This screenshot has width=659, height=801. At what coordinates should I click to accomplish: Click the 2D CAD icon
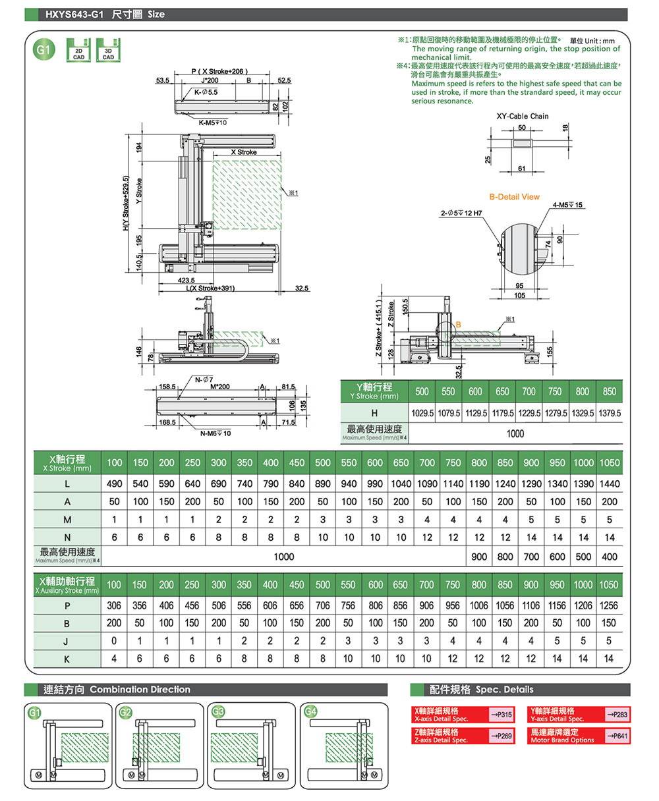[78, 50]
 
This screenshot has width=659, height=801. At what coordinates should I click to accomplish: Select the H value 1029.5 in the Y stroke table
[422, 413]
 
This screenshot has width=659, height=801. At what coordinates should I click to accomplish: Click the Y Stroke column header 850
[610, 391]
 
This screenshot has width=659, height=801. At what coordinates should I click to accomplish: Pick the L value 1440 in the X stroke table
[610, 483]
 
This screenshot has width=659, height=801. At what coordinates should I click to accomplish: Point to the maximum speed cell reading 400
[610, 557]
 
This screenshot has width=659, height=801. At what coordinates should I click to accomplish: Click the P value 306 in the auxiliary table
[114, 605]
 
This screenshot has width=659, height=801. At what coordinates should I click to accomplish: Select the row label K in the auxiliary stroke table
[67, 658]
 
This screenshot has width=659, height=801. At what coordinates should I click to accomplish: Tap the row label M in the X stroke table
[67, 520]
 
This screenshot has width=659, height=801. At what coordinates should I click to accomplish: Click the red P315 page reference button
[501, 715]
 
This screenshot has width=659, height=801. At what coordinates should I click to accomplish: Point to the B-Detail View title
[514, 197]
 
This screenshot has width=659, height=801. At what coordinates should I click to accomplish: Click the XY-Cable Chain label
[522, 117]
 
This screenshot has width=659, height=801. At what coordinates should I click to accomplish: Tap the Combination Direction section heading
[140, 690]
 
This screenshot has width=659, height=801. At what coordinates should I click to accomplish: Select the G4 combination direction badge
[312, 711]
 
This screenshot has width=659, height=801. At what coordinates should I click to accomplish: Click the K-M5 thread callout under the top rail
[212, 123]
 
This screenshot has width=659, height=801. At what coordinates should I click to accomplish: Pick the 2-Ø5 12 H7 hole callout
[461, 213]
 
